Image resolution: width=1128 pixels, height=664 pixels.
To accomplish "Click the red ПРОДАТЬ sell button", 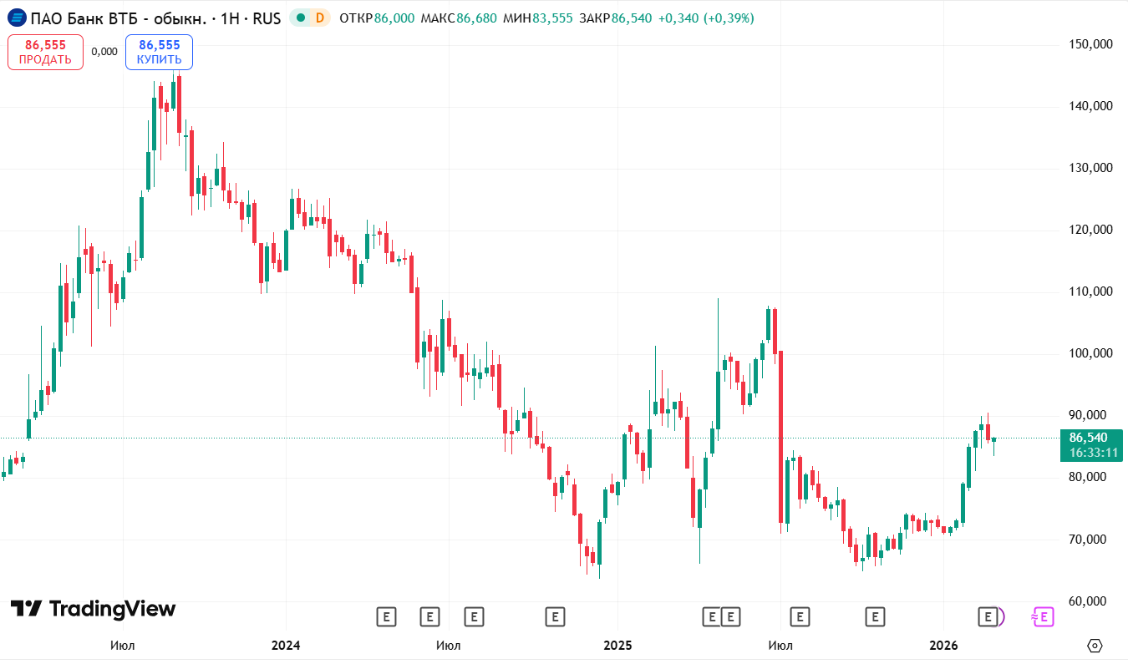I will point(45,52).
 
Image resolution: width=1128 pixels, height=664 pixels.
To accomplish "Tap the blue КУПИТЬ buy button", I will point(159,52).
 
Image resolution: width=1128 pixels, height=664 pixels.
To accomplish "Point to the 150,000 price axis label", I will point(1090,44).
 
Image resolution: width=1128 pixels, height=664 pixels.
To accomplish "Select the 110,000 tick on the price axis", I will point(1090,291).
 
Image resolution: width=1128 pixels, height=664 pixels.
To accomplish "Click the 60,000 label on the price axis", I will point(1090,601).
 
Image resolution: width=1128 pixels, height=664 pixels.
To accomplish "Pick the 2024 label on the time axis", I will point(286,646).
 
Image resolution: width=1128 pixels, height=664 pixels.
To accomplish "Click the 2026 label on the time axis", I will point(943,646).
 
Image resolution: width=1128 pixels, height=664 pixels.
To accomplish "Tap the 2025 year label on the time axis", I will point(617,646).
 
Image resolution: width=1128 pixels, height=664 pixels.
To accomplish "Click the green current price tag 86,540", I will point(1088,438).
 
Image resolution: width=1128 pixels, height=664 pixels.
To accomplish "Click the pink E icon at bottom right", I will point(1042,617).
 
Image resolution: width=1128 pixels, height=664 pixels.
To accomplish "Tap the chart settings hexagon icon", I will point(1095,646).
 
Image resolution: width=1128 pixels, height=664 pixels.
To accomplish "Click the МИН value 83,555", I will point(554,18).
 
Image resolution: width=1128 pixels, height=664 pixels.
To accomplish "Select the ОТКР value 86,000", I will point(394,18).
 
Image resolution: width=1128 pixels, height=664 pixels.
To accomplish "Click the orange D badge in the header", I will point(318,18).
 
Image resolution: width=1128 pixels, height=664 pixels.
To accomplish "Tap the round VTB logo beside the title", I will point(16,18).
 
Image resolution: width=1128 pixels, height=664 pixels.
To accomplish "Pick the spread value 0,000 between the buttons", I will point(104,52).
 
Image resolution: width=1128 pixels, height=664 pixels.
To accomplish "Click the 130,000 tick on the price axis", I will point(1090,168).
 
